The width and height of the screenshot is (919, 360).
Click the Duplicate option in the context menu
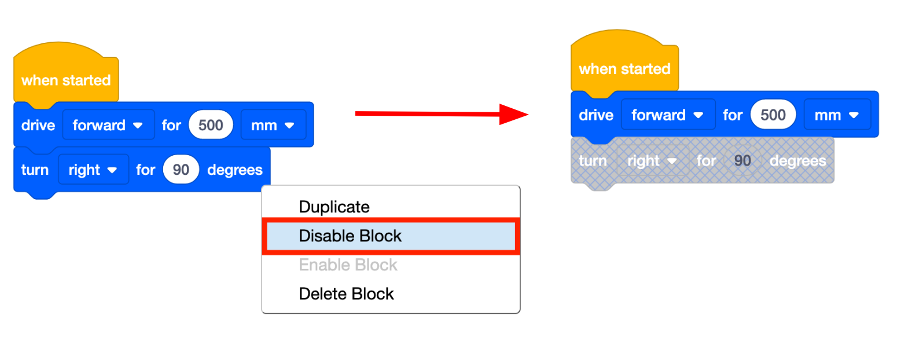[x=334, y=207]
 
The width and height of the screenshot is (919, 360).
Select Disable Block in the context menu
[x=350, y=236]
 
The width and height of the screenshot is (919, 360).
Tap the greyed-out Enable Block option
[x=348, y=265]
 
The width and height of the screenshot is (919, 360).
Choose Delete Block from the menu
[x=346, y=293]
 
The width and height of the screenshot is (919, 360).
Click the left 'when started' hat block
[x=65, y=80]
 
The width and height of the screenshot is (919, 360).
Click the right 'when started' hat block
[x=624, y=69]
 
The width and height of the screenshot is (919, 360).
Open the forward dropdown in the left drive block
[x=108, y=125]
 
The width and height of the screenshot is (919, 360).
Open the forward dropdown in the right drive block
[x=667, y=115]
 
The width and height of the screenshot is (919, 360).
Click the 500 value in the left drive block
[x=211, y=125]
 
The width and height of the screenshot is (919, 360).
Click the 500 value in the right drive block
[x=773, y=115]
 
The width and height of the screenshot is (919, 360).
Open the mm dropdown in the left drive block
[x=273, y=125]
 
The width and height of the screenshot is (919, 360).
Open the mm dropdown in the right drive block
[x=836, y=115]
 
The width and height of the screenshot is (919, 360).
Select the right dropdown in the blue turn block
[x=93, y=170]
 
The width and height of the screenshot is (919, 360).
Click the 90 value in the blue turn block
[x=181, y=170]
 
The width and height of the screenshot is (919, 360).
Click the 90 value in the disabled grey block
[x=742, y=160]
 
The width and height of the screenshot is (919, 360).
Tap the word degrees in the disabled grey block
[x=797, y=160]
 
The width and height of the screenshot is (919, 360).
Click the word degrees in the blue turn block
[x=234, y=170]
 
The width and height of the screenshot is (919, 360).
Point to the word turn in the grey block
[x=593, y=160]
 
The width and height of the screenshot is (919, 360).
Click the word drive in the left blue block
[x=38, y=125]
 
